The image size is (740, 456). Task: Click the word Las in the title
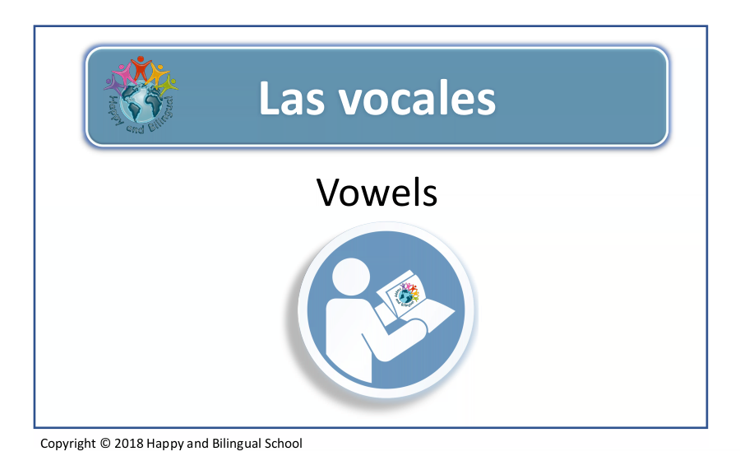click(292, 98)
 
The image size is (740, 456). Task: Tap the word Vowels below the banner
click(377, 193)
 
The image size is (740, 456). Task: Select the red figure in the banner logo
click(140, 67)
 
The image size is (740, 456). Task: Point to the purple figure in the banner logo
click(113, 84)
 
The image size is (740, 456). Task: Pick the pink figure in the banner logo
click(123, 73)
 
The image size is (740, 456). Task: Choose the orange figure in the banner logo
click(158, 73)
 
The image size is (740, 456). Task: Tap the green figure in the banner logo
click(168, 85)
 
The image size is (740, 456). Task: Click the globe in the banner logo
click(141, 101)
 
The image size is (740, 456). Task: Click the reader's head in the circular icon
click(350, 277)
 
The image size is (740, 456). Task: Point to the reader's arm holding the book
click(394, 336)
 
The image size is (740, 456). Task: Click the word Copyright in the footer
click(68, 444)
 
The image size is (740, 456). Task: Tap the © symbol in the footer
click(105, 443)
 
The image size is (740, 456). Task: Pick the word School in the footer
click(283, 443)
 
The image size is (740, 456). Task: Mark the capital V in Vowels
click(331, 193)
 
